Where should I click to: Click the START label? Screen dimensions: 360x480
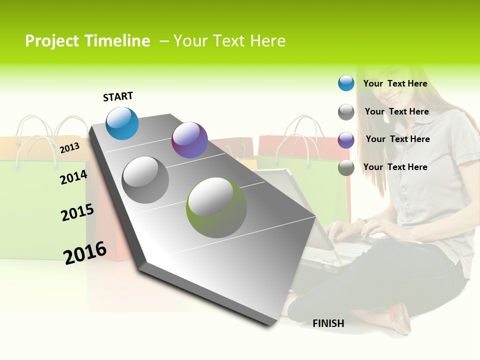(x=118, y=96)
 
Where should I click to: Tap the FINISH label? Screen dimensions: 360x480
(x=328, y=323)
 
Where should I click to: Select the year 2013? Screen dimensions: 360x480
(x=70, y=147)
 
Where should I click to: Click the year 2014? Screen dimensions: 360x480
(x=73, y=177)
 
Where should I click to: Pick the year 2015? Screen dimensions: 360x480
(x=77, y=212)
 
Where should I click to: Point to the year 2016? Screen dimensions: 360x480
(x=85, y=252)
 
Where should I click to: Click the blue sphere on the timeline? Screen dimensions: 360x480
(x=122, y=123)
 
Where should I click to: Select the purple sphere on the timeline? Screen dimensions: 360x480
(x=189, y=140)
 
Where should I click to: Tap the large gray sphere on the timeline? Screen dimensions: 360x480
(x=145, y=179)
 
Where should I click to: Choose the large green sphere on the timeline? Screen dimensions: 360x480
(x=216, y=207)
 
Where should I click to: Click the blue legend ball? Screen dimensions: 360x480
(x=346, y=83)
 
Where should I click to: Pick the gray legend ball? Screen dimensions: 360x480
(x=346, y=112)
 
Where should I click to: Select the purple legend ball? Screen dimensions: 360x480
(x=346, y=139)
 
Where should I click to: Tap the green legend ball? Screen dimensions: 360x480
(x=346, y=167)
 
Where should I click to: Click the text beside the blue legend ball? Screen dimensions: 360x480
(x=395, y=83)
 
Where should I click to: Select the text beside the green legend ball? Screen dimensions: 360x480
(x=395, y=167)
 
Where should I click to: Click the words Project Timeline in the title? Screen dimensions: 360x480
(x=87, y=41)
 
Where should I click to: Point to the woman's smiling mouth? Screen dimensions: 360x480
(x=394, y=96)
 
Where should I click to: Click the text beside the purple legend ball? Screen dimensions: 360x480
(x=397, y=139)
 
